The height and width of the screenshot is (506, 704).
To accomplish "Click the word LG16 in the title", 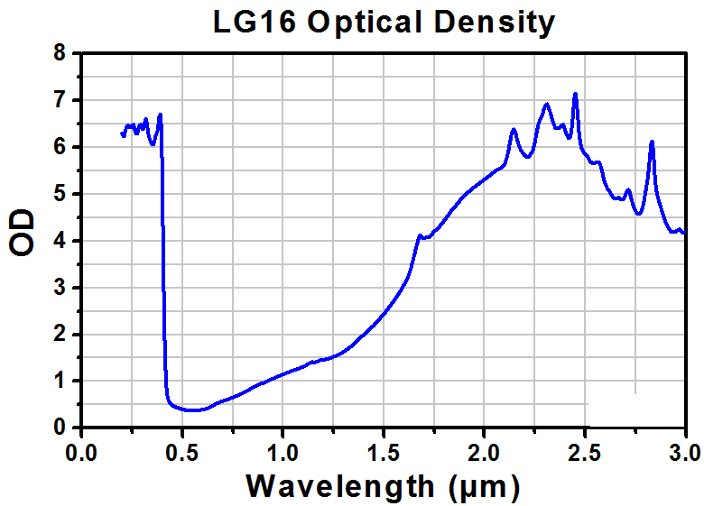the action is (255, 22).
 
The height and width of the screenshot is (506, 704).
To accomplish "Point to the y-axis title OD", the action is (22, 233).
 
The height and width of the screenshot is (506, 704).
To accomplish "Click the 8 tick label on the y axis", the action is (60, 53).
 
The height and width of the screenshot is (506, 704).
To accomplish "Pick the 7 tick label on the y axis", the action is (60, 100).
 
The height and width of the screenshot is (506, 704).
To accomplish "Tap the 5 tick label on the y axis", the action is (60, 194).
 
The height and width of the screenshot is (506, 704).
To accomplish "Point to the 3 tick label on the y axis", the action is (60, 288).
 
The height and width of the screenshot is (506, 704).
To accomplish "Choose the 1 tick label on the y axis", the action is (60, 381).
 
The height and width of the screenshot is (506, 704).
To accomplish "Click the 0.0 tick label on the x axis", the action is (81, 453).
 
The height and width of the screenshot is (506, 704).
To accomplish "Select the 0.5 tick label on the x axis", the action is (181, 453).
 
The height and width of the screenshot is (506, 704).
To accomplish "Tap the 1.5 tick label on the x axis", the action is (383, 453).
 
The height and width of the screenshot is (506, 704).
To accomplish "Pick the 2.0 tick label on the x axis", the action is (484, 453).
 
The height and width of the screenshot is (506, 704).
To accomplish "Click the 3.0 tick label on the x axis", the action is (684, 453).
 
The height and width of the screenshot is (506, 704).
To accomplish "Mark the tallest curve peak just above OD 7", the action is (575, 94).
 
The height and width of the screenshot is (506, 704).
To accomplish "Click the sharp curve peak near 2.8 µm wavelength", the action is (652, 142).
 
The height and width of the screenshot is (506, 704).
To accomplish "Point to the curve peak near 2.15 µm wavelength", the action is (514, 130).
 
